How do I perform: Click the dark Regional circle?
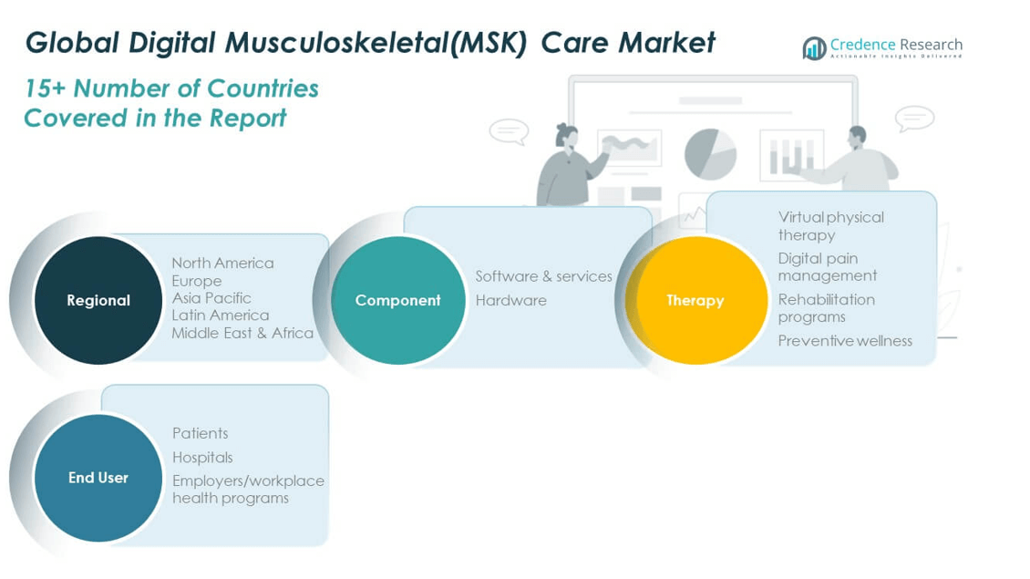point(98,300)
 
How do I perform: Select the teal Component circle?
point(397,300)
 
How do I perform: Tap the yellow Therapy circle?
point(695,300)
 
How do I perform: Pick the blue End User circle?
point(98,477)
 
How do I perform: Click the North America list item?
point(222,263)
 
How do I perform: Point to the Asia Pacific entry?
point(211,297)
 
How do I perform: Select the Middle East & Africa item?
point(242,333)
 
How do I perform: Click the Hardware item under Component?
point(510,300)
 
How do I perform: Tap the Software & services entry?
point(543,276)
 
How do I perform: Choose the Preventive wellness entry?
point(845,341)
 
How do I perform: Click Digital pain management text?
point(827,267)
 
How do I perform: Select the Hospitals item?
point(202,457)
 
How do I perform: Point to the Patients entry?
point(200,433)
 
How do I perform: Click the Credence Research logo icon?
point(814,48)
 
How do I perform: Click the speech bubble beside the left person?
point(509,130)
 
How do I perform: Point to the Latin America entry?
point(220,315)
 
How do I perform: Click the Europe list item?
point(196,281)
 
